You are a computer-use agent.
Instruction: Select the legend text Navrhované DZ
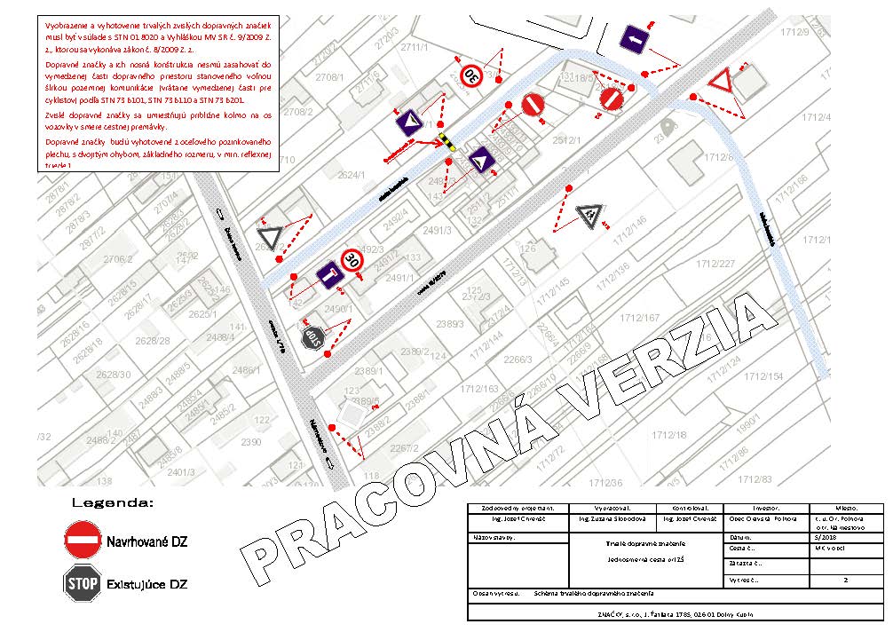pyautogui.click(x=146, y=541)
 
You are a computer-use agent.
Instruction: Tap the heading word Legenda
pyautogui.click(x=113, y=502)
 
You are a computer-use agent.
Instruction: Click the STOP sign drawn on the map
pyautogui.click(x=312, y=337)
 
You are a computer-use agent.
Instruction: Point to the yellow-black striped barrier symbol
pyautogui.click(x=448, y=142)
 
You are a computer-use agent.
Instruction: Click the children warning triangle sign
pyautogui.click(x=588, y=214)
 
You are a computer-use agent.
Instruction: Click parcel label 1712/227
pyautogui.click(x=715, y=264)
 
